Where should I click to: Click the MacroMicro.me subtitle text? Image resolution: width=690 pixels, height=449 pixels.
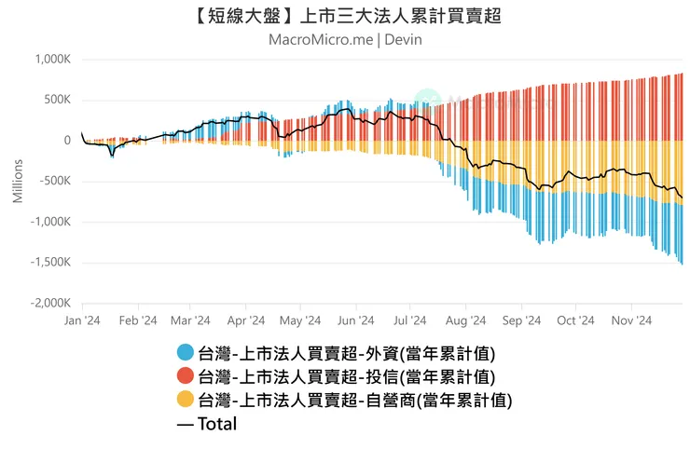tap(321, 40)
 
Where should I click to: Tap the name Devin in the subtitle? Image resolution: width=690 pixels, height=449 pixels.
tap(404, 40)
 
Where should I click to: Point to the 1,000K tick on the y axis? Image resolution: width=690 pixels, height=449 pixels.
tap(52, 60)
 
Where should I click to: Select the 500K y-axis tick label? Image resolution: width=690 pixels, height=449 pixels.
tap(57, 101)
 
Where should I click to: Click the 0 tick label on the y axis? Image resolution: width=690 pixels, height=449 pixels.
tap(67, 141)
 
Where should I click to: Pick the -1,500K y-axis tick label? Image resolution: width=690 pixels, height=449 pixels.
tap(50, 263)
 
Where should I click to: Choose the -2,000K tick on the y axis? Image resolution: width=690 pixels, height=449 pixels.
tap(50, 304)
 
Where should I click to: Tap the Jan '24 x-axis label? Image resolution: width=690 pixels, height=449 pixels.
tap(82, 320)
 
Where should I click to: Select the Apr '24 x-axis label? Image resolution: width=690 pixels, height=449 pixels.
tap(246, 320)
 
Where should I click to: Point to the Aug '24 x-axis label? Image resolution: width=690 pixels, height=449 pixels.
tap(466, 320)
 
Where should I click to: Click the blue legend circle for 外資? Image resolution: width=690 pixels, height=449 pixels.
tap(186, 353)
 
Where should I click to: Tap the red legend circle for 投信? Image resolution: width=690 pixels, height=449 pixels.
tap(186, 376)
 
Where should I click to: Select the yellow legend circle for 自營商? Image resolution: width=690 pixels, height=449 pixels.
tap(186, 400)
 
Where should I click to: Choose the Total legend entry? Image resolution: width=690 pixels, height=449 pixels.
tap(206, 424)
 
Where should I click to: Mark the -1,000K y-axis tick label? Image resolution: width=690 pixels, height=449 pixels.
tap(50, 223)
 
